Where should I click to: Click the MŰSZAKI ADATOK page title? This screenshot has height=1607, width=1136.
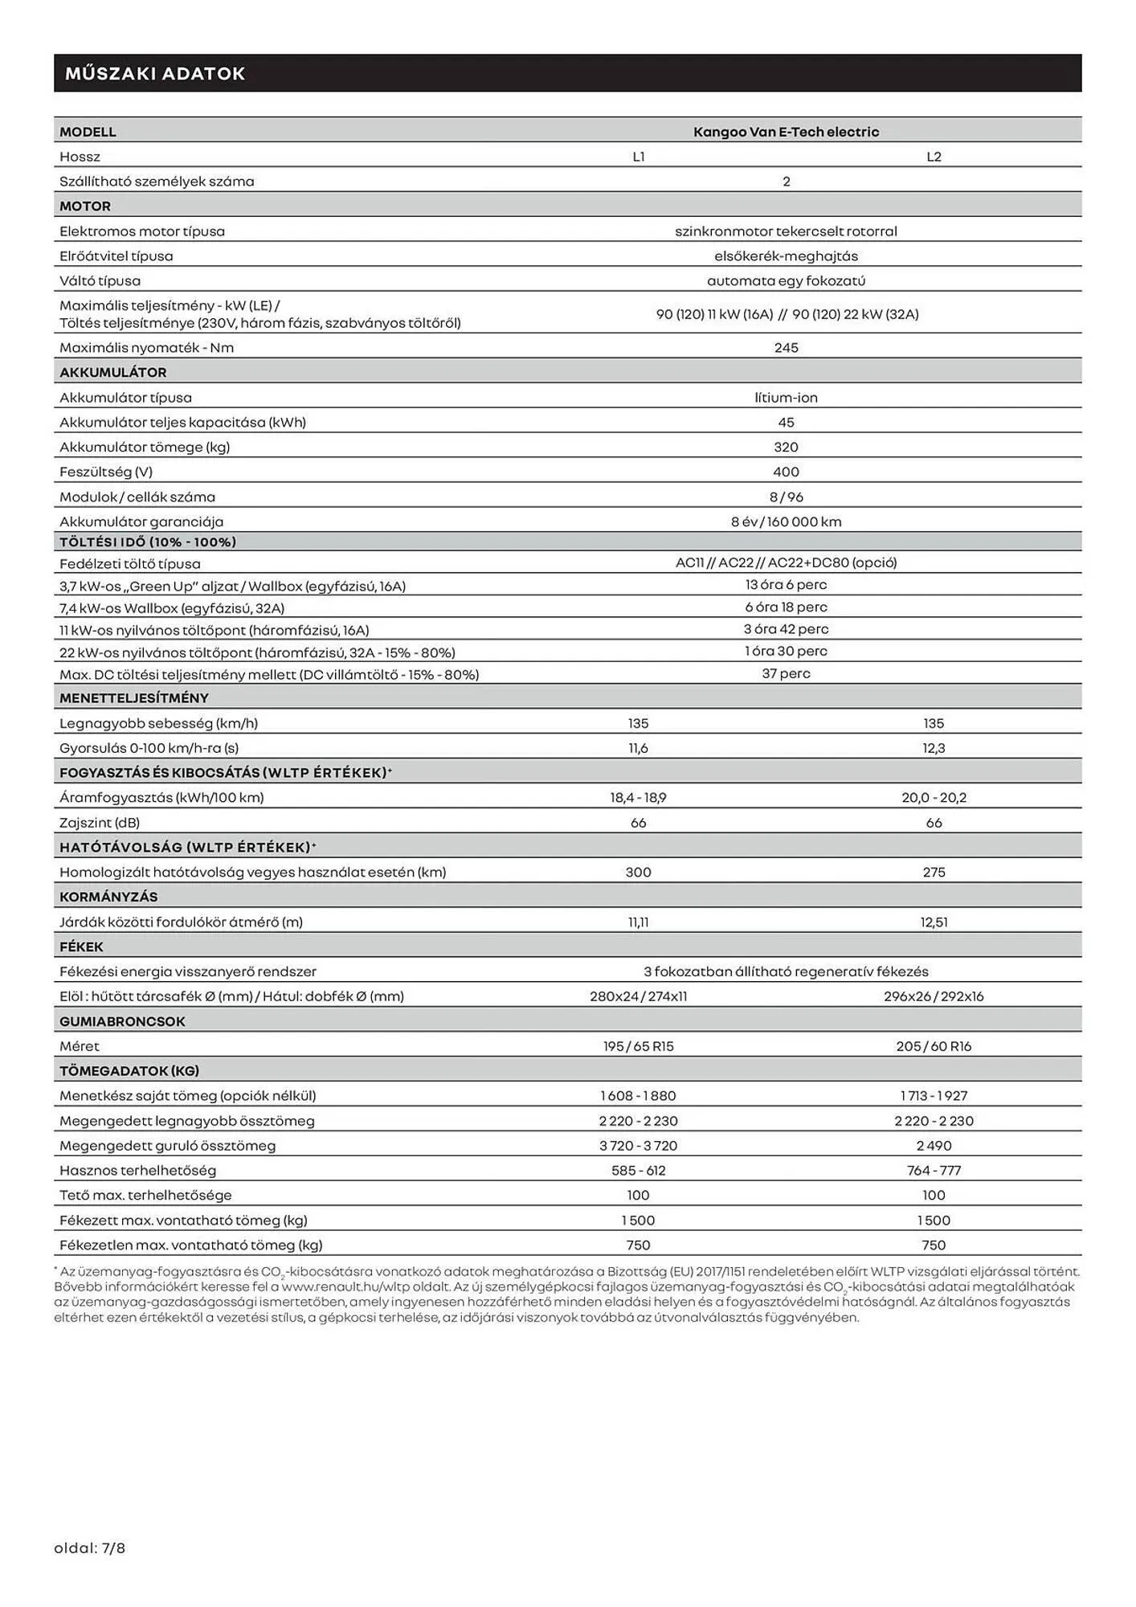click(155, 74)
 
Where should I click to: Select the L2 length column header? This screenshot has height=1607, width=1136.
click(934, 157)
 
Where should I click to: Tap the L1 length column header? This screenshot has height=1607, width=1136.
click(639, 157)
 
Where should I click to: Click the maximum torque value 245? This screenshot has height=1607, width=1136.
click(786, 348)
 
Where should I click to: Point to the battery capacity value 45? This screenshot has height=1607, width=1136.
click(786, 423)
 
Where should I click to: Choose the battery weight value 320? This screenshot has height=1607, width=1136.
click(786, 448)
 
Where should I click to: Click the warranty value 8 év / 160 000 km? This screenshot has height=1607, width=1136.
click(786, 521)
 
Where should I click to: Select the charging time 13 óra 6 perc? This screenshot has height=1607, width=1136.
click(786, 585)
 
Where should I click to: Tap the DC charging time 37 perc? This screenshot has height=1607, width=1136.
click(786, 673)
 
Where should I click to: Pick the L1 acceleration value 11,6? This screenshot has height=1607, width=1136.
click(639, 748)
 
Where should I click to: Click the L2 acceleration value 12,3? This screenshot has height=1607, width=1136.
click(934, 748)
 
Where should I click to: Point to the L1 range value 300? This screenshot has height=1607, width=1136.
click(639, 872)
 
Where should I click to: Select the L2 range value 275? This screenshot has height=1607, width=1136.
click(934, 872)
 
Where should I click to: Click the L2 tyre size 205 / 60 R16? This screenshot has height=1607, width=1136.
click(934, 1046)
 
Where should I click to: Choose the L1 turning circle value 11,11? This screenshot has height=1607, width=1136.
click(639, 922)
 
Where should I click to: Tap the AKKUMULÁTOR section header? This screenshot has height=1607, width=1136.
click(113, 373)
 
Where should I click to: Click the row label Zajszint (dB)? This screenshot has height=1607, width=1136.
click(100, 823)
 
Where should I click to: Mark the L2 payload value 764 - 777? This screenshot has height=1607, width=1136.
click(934, 1171)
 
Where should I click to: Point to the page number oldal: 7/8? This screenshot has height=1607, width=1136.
click(90, 1548)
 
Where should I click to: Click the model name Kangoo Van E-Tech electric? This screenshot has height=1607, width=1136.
click(786, 132)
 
